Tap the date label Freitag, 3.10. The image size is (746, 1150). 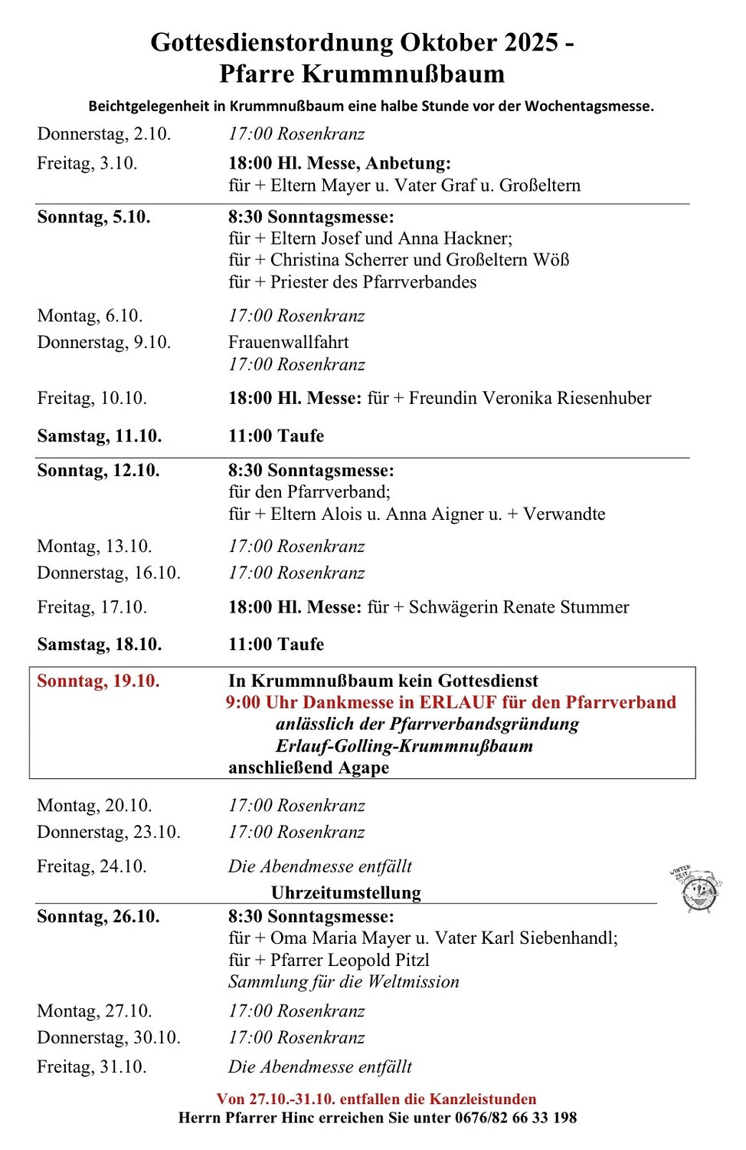pyautogui.click(x=87, y=163)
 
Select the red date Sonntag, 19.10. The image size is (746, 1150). pyautogui.click(x=98, y=681)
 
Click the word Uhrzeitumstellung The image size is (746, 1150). pyautogui.click(x=345, y=892)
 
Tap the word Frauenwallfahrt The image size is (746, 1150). pyautogui.click(x=288, y=342)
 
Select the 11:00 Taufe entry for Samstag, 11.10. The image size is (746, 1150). pyautogui.click(x=276, y=436)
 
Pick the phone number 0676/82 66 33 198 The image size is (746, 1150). pyautogui.click(x=515, y=1118)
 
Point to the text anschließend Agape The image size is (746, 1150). pyautogui.click(x=308, y=767)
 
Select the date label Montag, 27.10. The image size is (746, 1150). pyautogui.click(x=94, y=1011)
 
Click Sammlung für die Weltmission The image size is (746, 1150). pyautogui.click(x=343, y=982)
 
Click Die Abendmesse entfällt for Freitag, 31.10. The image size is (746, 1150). pyautogui.click(x=319, y=1067)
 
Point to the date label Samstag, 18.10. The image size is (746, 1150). pyautogui.click(x=100, y=645)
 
